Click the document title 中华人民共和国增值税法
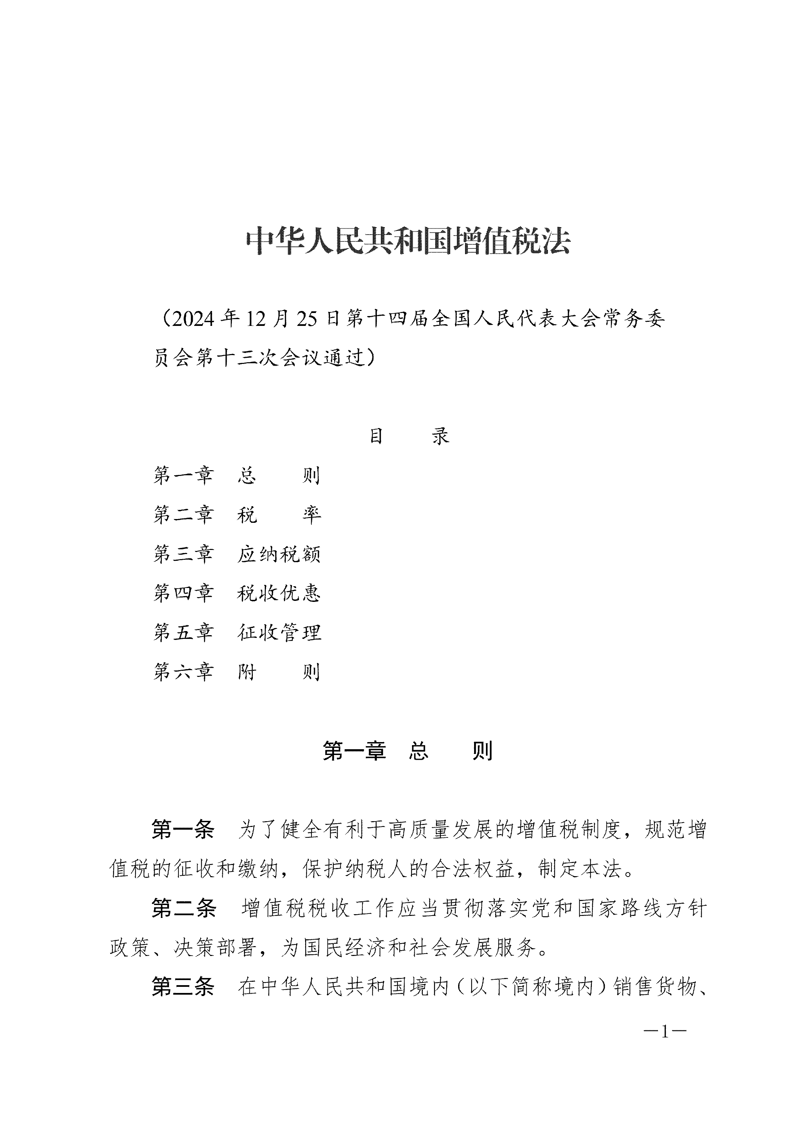(x=408, y=242)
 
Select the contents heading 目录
(x=409, y=436)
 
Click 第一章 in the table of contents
(x=183, y=475)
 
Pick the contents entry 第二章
(x=183, y=515)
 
